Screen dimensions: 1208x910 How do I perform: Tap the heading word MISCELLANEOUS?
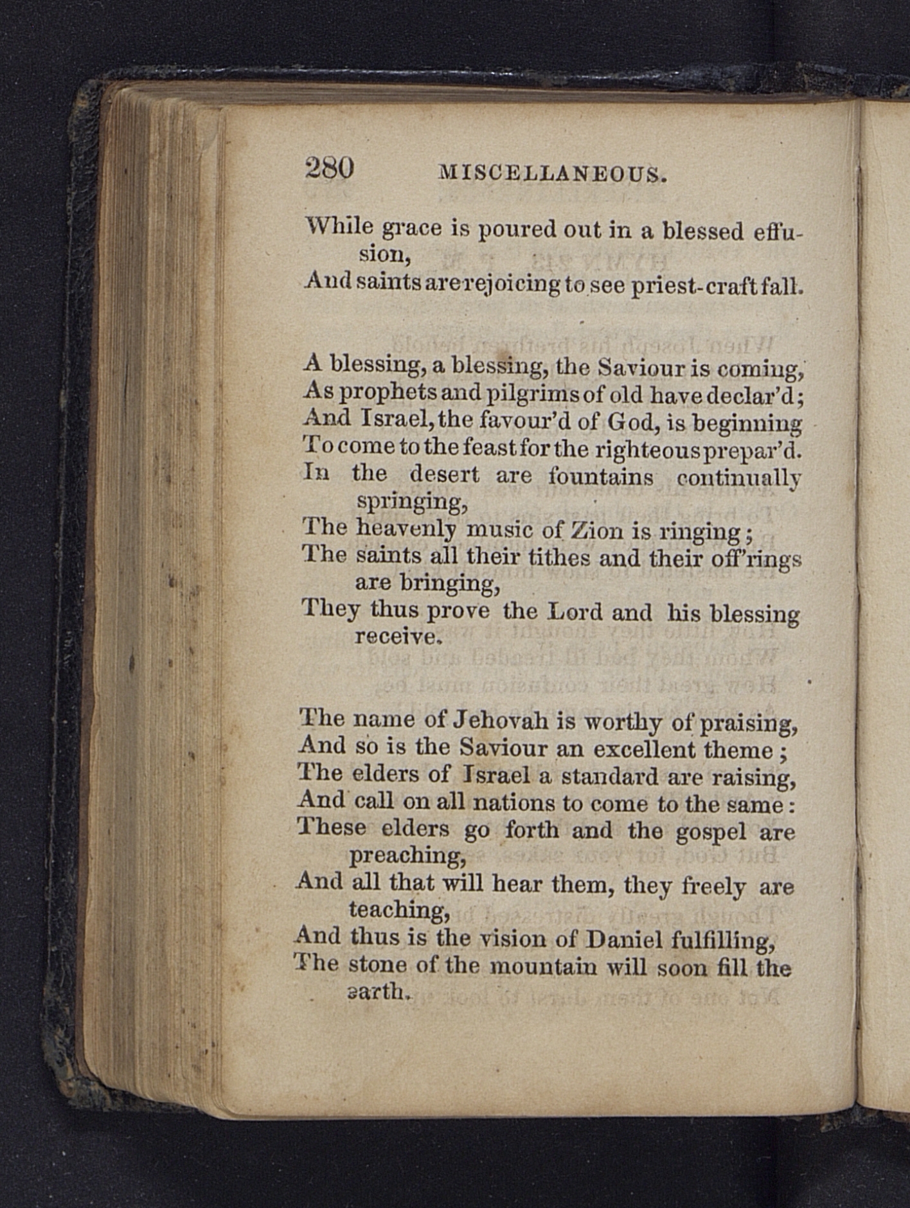[x=551, y=173]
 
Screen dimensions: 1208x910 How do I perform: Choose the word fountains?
[x=601, y=477]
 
